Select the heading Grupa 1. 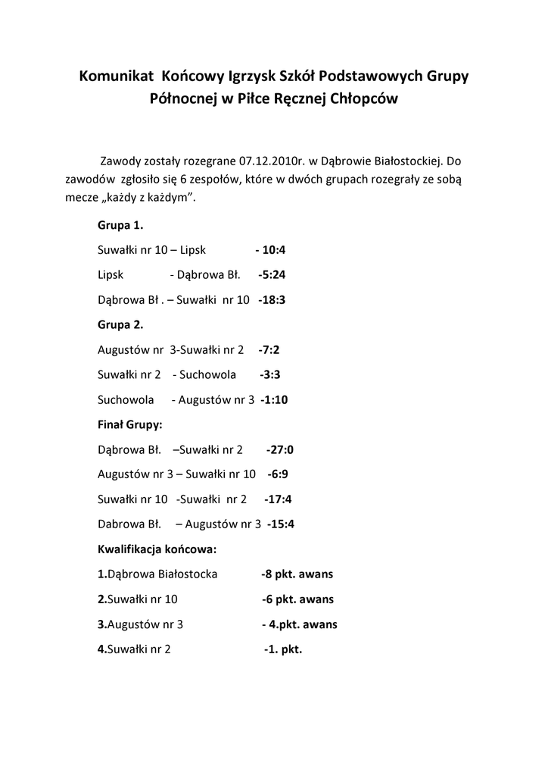pos(120,226)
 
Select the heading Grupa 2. pos(120,324)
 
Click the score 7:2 pos(270,349)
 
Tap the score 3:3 pos(271,374)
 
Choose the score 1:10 pos(276,399)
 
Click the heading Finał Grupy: pos(129,424)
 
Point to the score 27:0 pos(282,449)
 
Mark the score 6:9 pos(279,474)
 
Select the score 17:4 pos(279,499)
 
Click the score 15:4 pos(282,524)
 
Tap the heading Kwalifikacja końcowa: pos(157,549)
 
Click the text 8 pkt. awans pos(298,574)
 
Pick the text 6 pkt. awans pos(299,599)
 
